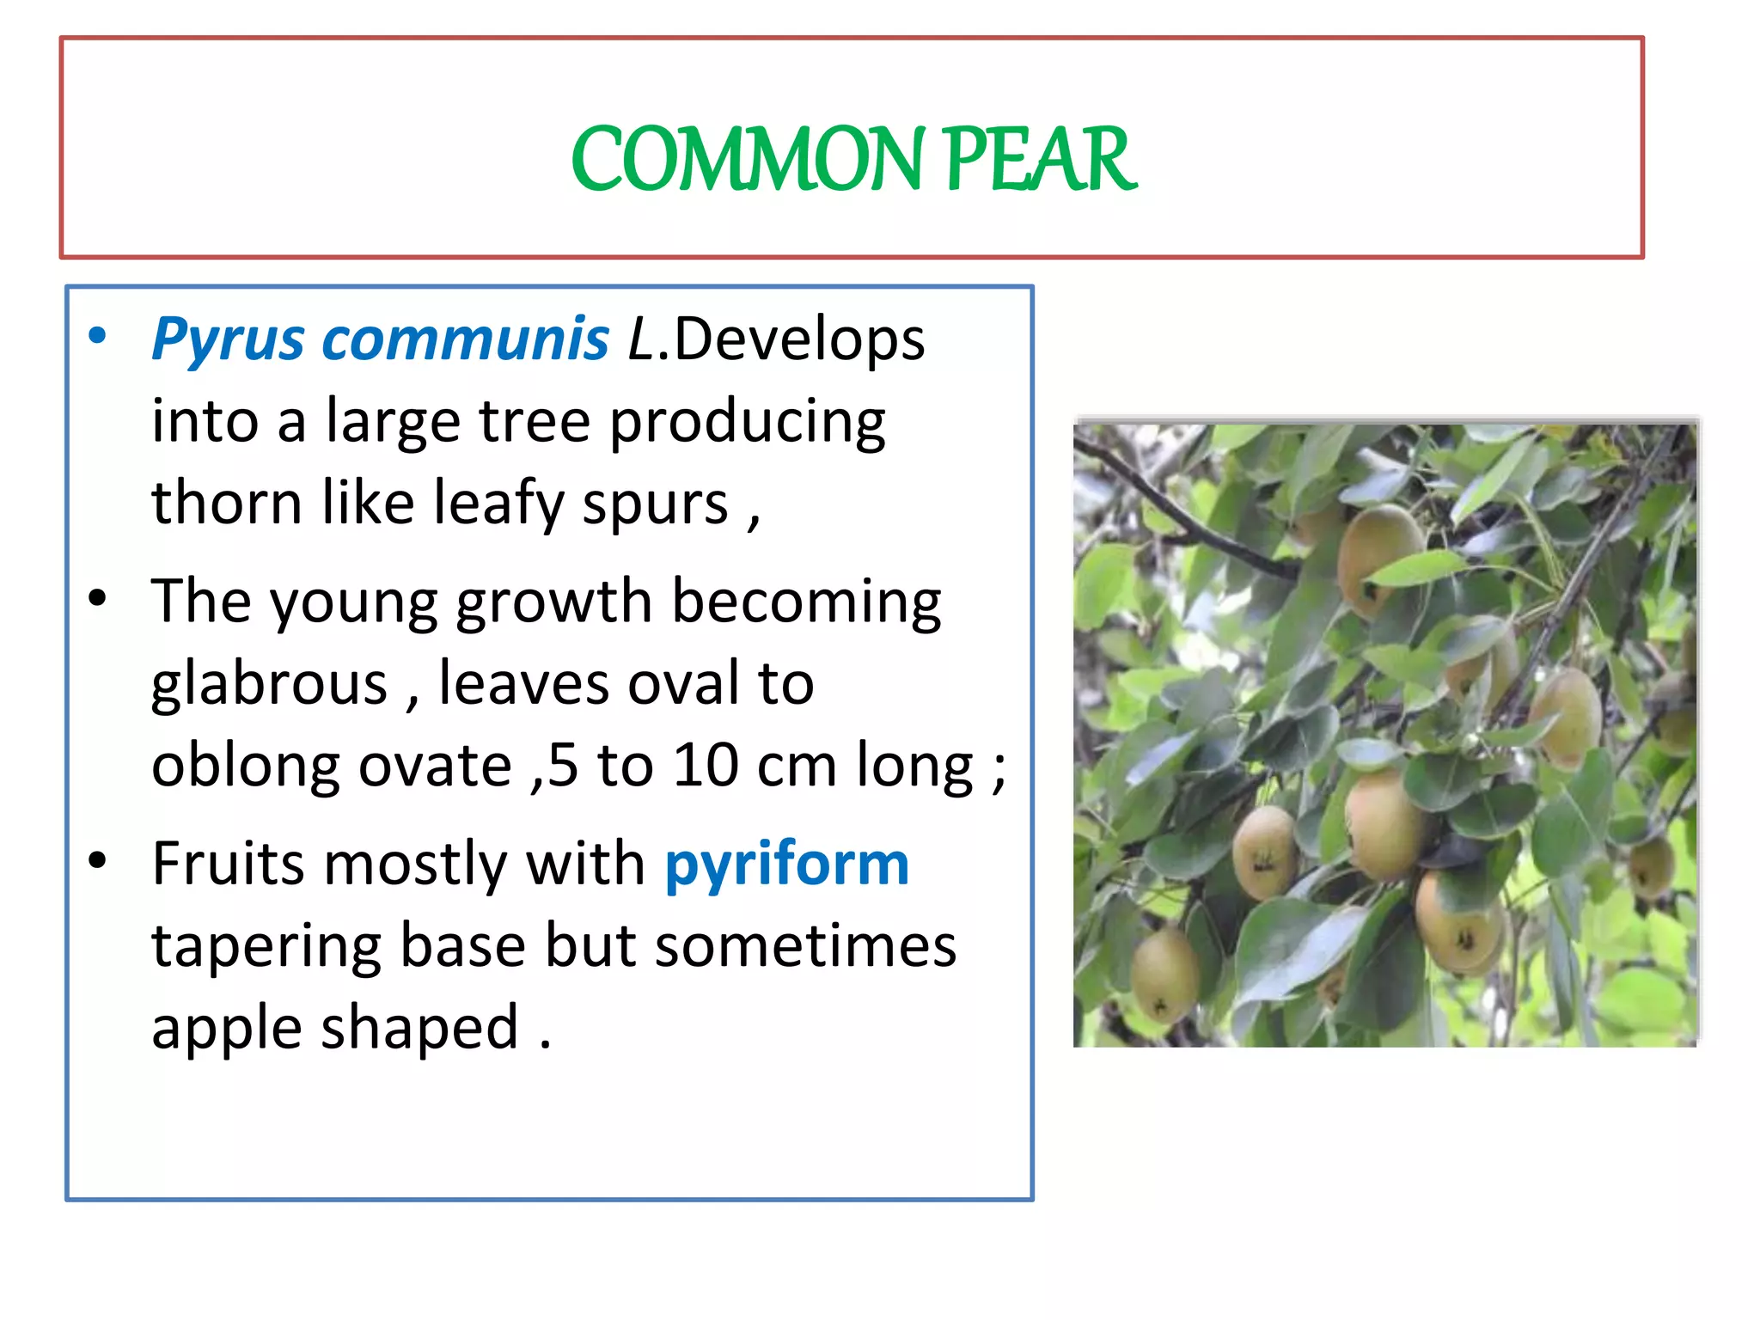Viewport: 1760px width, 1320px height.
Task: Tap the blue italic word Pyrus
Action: pos(228,339)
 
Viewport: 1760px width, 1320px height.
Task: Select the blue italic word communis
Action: pos(465,339)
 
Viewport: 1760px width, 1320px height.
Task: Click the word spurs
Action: pos(656,504)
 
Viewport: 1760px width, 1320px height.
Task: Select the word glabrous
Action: pos(269,684)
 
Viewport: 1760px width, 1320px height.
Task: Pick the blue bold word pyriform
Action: pos(786,865)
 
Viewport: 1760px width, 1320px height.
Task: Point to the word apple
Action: pos(226,1029)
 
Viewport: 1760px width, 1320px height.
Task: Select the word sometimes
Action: pos(805,945)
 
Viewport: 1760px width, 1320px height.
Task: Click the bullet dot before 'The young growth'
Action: pos(98,598)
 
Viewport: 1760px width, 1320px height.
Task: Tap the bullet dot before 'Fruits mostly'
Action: pos(98,860)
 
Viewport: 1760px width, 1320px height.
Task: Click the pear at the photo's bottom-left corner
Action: pos(1164,975)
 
